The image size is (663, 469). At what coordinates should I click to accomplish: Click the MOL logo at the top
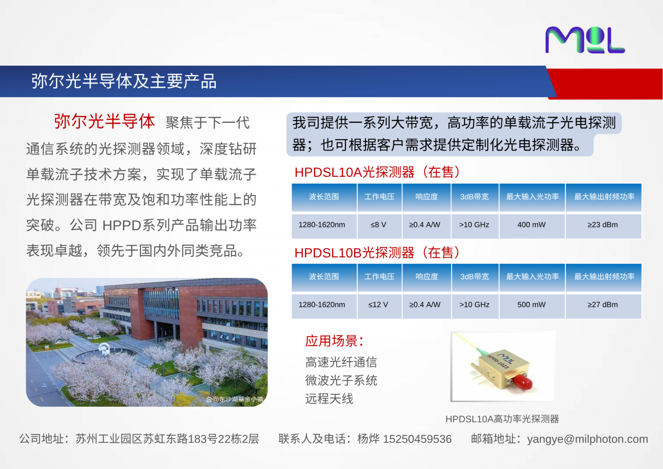coord(585,40)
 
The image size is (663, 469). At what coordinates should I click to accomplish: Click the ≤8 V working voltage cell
coord(378,225)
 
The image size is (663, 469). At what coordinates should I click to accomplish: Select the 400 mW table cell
coord(531,225)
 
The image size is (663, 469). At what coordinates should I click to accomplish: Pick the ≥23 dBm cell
coord(603,225)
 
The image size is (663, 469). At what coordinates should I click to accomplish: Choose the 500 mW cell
coord(531,305)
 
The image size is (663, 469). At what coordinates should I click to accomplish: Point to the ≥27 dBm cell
coord(603,305)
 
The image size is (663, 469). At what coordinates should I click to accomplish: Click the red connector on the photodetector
coord(522,382)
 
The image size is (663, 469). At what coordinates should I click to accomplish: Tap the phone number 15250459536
coord(417,439)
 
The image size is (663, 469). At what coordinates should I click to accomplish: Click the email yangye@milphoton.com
coord(587,439)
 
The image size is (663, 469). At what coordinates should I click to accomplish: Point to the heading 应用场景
coord(334,341)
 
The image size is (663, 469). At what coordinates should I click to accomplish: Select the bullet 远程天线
coord(329,398)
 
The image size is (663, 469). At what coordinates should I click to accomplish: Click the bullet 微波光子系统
coord(341,380)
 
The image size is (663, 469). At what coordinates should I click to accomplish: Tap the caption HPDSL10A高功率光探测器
coord(502,419)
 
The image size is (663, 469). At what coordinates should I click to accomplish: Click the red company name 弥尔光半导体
coord(104,122)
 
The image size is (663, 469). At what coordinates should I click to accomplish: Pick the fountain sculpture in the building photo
coord(104,349)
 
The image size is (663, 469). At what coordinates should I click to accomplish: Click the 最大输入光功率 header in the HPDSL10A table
coord(532,197)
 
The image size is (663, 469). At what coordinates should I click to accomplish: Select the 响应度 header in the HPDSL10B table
coord(426,276)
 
